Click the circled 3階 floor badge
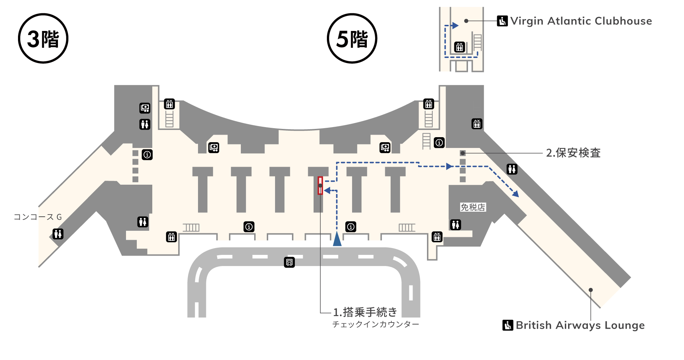pos(43,39)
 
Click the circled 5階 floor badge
pos(352,39)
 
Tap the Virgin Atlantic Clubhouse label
pos(581,21)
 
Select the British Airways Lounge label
pos(580,325)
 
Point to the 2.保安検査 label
pos(573,153)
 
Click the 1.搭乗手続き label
pos(365,312)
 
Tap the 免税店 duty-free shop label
pos(473,207)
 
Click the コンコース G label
pos(38,217)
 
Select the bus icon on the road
pos(289,262)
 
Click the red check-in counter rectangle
pos(320,185)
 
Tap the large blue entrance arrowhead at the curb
pos(337,239)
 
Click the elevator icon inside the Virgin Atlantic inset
pos(459,47)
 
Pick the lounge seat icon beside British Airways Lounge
pos(508,325)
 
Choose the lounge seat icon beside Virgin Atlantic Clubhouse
pos(502,21)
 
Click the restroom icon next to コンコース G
pos(58,234)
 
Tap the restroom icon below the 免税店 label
pos(455,225)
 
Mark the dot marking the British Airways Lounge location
pos(590,290)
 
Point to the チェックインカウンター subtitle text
pos(375,324)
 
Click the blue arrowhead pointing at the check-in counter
pos(327,190)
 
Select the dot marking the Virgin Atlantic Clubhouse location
pos(466,21)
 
